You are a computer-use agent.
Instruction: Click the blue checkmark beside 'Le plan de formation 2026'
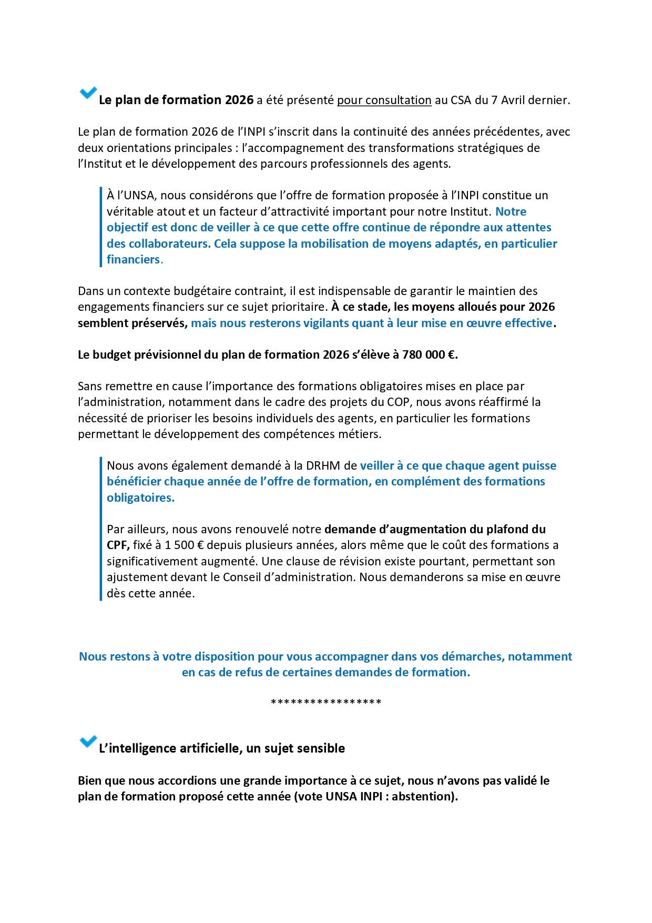click(88, 94)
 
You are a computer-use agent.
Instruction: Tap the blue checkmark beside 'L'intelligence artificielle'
click(88, 742)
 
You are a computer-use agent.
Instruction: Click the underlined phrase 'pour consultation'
click(384, 100)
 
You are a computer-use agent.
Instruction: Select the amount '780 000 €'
click(429, 354)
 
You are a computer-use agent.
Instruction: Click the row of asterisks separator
click(326, 702)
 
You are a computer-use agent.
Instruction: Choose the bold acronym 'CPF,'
click(118, 545)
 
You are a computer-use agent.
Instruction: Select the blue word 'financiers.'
click(135, 259)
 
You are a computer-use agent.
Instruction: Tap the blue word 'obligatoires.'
click(140, 498)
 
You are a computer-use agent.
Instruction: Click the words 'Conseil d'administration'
click(289, 577)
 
